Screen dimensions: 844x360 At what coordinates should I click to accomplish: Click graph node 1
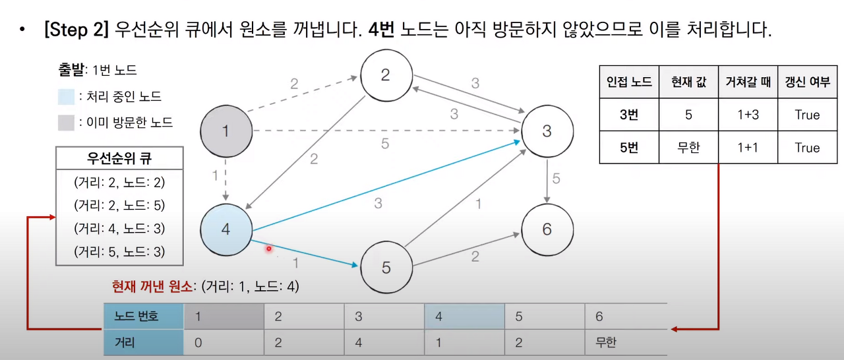[226, 131]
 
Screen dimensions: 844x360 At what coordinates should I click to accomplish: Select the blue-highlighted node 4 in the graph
[226, 230]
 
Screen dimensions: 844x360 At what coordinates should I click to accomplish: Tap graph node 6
[547, 229]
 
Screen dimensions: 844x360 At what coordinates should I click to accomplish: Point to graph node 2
[386, 75]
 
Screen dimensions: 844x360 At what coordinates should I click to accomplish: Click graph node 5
[386, 268]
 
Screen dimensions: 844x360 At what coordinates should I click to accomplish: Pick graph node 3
[547, 131]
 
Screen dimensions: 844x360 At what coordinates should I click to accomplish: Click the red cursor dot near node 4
[269, 249]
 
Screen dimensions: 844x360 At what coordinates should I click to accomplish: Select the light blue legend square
[66, 96]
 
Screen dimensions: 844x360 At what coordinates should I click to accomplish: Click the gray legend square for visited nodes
[66, 122]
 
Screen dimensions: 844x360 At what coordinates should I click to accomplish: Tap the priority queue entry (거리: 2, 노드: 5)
[119, 205]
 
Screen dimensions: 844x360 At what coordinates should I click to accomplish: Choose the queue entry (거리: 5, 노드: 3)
[119, 251]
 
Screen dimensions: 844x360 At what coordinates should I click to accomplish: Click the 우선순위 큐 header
[119, 158]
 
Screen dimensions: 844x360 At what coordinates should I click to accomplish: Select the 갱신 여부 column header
[807, 82]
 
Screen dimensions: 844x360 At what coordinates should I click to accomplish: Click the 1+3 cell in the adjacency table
[747, 115]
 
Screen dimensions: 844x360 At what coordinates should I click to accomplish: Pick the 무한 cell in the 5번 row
[688, 148]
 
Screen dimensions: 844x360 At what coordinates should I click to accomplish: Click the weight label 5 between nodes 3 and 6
[556, 179]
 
